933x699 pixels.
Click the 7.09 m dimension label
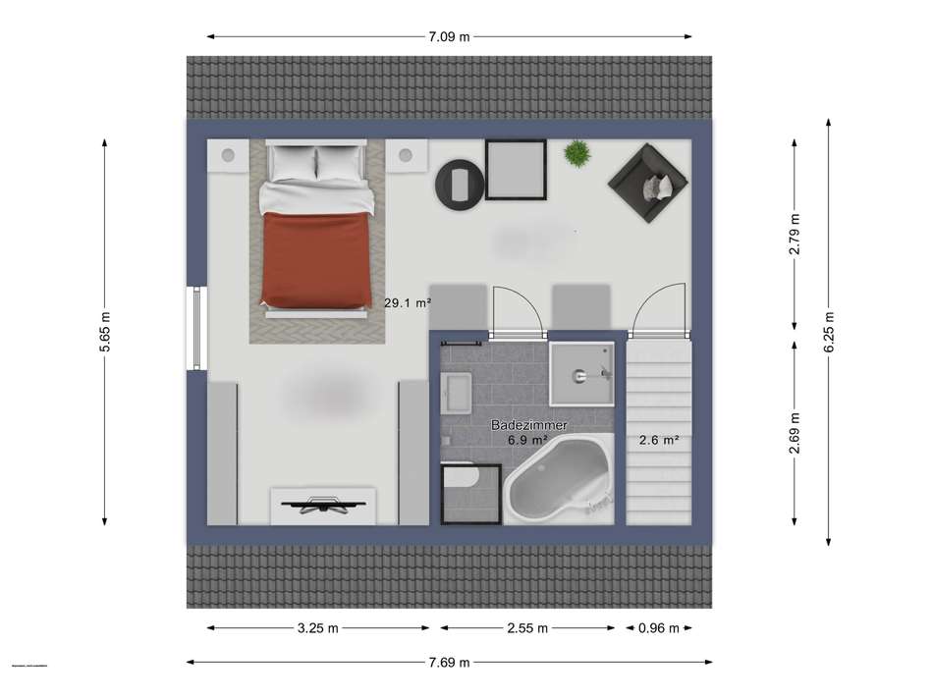[x=449, y=37]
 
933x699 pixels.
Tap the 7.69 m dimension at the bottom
[x=449, y=662]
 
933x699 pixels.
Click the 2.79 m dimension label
[x=795, y=234]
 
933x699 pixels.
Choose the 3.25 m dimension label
[x=318, y=628]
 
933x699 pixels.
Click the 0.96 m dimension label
[x=659, y=628]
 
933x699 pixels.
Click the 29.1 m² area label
[x=408, y=304]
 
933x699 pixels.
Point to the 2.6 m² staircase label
[x=659, y=441]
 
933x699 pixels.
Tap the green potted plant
[x=577, y=153]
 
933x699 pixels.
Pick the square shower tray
[x=580, y=373]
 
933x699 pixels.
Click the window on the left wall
[x=196, y=329]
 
